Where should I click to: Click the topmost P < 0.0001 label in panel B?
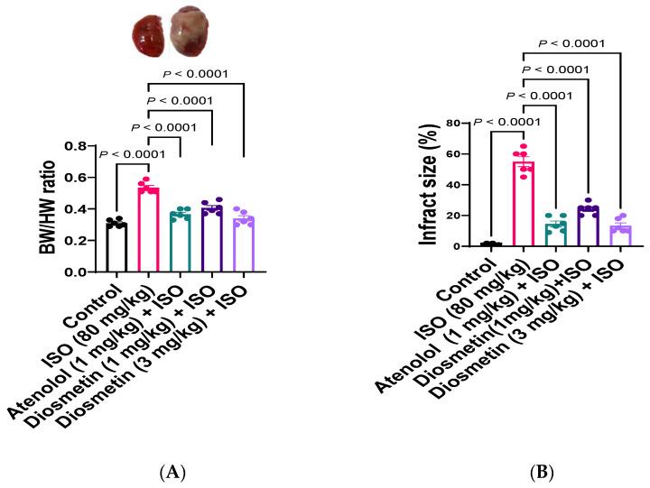(x=571, y=42)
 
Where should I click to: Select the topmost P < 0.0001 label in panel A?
(x=197, y=74)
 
